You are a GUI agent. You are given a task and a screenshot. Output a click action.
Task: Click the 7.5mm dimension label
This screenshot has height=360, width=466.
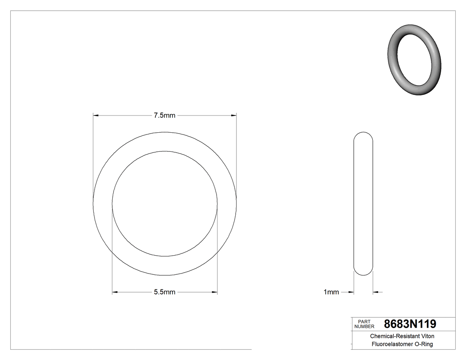[x=165, y=115]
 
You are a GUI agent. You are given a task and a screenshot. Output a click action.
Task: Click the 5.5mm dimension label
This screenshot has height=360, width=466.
[x=165, y=292]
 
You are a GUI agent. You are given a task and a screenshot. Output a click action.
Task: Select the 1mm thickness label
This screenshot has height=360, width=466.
[x=331, y=292]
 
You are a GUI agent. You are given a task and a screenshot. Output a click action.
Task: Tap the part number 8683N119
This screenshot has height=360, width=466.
[x=410, y=324]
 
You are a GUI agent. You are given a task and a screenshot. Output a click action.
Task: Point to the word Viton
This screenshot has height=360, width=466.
[x=426, y=336]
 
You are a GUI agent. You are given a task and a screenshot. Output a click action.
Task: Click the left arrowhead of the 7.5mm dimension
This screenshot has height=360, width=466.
[x=96, y=115]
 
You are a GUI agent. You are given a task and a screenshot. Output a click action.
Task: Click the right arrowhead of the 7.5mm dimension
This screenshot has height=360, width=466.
[x=233, y=115]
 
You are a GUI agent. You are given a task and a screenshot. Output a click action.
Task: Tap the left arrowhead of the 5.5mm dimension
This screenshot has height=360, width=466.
[x=115, y=292]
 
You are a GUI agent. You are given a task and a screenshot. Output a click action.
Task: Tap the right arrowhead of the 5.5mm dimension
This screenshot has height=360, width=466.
[x=214, y=292]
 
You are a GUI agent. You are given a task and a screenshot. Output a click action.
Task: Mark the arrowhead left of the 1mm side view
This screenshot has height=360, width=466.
[x=351, y=292]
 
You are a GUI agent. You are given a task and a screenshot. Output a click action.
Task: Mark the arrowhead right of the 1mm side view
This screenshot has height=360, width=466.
[x=375, y=292]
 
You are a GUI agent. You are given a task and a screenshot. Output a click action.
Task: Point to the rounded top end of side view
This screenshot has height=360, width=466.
[x=363, y=136]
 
